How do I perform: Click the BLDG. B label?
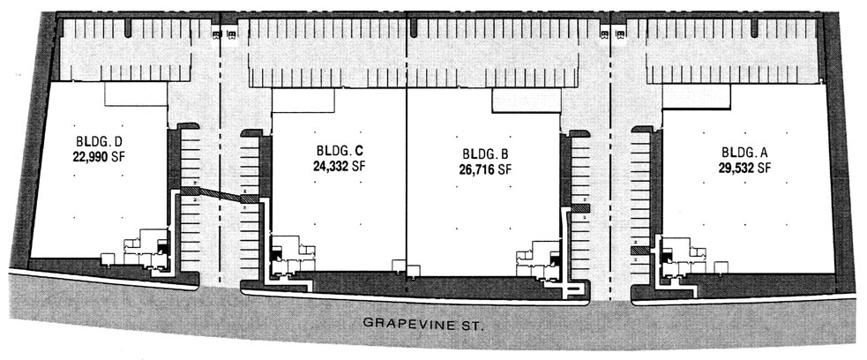[480, 154]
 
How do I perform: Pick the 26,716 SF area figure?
[480, 169]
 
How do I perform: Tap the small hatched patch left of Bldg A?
[639, 250]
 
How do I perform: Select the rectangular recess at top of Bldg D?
[136, 94]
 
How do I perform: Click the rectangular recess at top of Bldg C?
[303, 100]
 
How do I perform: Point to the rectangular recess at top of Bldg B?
[526, 101]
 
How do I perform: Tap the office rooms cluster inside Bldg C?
[290, 256]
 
